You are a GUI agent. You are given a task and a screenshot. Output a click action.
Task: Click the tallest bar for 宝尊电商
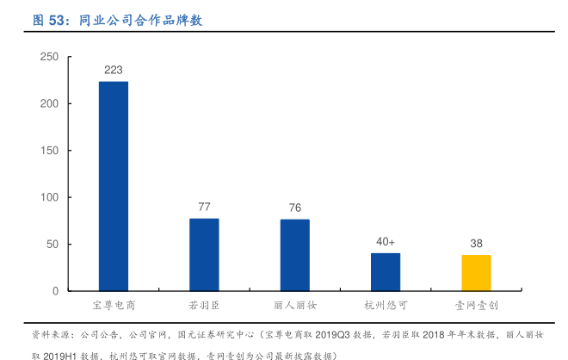pos(114,186)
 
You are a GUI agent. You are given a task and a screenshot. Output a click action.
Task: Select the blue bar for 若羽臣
pos(204,255)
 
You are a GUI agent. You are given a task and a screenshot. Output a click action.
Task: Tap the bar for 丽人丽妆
pos(294,255)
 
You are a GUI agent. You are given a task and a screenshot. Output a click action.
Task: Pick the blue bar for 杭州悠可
pos(386,272)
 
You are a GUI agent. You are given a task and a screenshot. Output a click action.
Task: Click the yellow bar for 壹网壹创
pos(476,273)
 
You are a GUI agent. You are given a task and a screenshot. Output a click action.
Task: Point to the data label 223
pos(114,70)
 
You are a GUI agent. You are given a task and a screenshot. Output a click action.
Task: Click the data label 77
pos(204,207)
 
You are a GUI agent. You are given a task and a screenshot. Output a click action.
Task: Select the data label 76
pos(294,208)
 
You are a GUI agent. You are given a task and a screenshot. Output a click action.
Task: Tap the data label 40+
pos(386,241)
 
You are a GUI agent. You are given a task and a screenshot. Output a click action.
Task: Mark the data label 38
pos(476,243)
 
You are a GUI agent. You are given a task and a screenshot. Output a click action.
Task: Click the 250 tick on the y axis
pos(49,57)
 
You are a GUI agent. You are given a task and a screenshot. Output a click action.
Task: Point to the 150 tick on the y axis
pos(49,151)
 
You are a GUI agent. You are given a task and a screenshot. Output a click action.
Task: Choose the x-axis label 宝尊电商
pos(114,306)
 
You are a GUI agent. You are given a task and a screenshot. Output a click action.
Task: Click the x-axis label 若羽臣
pos(204,306)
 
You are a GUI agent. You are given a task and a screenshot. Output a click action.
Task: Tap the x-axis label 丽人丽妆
pos(294,306)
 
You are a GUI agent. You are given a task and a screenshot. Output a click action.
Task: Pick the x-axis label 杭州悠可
pos(386,306)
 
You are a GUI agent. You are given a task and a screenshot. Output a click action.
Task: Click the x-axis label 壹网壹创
pos(476,306)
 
